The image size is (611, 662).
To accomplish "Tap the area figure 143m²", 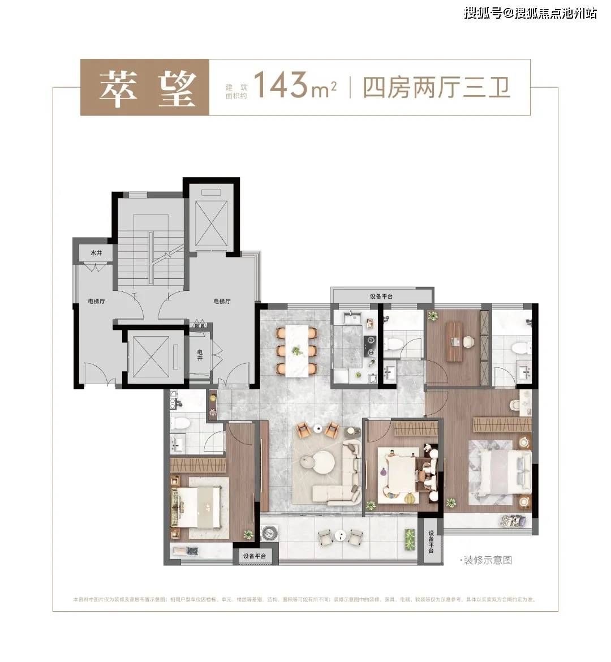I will (294, 87).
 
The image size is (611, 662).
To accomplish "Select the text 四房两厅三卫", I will (436, 88).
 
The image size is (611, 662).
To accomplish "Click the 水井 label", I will (96, 252).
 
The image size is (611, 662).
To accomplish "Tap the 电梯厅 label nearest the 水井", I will (96, 301).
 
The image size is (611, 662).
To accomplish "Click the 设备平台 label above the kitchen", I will (381, 296).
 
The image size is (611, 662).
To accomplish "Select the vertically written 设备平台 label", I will (431, 541).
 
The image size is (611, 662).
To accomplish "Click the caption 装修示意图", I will (487, 560).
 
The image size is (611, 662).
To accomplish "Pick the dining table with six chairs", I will (296, 350).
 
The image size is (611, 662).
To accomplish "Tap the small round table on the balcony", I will (339, 535).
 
